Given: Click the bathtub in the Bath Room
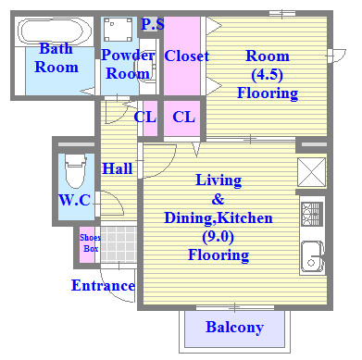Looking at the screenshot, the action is (55, 32).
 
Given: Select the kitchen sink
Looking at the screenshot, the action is (312, 257).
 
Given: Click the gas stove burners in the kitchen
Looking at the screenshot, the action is (312, 214).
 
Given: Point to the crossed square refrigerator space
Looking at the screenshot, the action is (311, 172).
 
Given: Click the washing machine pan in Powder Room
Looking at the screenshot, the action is (118, 30).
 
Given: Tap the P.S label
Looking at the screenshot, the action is (153, 24).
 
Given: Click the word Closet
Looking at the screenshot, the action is (186, 56).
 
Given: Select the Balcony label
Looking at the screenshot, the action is (234, 328).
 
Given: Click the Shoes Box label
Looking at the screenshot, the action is (90, 243).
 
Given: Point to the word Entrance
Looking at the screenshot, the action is (103, 285).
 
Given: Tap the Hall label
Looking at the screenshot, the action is (118, 168).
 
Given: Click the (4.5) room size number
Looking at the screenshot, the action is (267, 75).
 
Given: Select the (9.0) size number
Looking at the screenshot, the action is (218, 237).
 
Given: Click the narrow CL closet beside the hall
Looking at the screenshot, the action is (150, 118).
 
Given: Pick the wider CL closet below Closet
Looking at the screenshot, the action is (182, 118).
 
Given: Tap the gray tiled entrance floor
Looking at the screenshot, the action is (119, 244).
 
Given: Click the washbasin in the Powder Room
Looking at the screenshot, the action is (145, 67).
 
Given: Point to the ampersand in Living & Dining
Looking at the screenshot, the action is (218, 199).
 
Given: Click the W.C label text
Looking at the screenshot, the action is (74, 200).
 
